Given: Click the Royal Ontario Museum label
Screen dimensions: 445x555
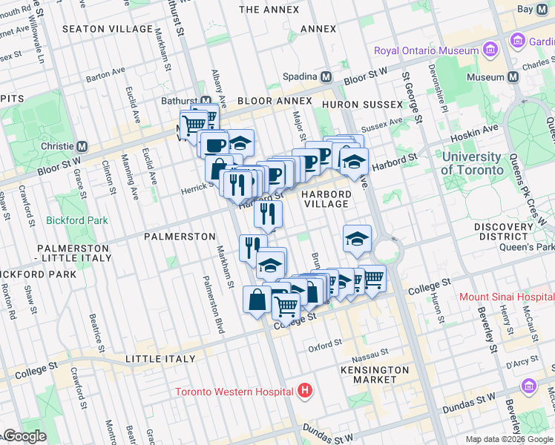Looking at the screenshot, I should point(426,50).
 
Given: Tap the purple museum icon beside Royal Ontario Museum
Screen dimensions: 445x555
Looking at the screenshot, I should point(490,50).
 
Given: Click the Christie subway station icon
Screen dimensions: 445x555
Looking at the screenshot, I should point(82,146).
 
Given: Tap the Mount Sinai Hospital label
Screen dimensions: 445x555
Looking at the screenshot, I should point(506,297).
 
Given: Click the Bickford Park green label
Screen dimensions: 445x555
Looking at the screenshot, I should point(76,220).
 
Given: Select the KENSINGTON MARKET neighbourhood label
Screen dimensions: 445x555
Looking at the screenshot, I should point(375,375).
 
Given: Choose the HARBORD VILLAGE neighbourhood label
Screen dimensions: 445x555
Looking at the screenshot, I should point(326,199).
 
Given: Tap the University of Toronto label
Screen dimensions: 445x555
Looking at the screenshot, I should point(471,163).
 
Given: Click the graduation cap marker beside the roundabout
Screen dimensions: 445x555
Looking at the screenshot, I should point(357,240).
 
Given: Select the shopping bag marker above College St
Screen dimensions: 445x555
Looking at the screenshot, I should point(257,300).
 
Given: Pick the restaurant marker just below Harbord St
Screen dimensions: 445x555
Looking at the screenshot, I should point(268,214).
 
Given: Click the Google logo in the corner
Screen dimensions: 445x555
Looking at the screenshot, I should point(24,436).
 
